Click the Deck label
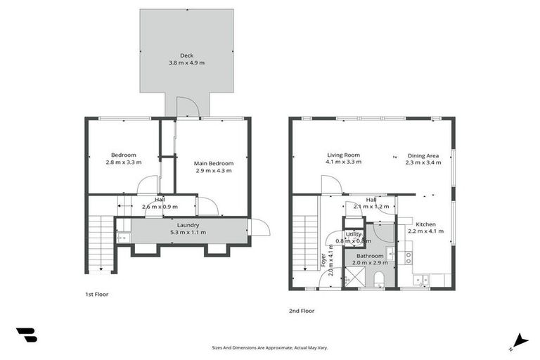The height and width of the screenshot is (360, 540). (186, 56)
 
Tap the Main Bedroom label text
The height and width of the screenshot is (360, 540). (214, 163)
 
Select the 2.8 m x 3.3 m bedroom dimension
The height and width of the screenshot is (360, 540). (123, 162)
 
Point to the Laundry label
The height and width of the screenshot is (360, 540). (188, 224)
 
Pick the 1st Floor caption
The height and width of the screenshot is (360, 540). (97, 294)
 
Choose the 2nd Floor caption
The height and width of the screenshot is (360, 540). (302, 310)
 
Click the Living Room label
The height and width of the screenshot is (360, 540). (343, 155)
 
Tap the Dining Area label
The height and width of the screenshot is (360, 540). (423, 155)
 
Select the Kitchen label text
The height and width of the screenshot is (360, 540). (426, 224)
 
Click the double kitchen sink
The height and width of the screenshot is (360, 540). (421, 280)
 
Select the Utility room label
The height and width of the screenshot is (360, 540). (353, 233)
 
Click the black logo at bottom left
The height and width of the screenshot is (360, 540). (27, 335)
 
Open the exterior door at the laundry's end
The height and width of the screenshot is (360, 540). (257, 228)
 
